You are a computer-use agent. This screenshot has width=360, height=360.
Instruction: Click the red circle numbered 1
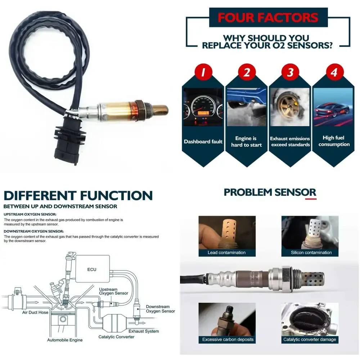point(203,73)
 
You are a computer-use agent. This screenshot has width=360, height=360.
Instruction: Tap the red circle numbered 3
point(291,73)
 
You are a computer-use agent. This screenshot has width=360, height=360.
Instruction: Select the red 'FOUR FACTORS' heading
point(269,18)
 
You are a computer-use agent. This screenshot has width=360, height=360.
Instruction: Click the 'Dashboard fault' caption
point(203,141)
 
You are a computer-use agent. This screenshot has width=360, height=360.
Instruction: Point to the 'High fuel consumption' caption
point(334,141)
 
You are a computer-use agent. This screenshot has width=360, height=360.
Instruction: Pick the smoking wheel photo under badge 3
point(290,107)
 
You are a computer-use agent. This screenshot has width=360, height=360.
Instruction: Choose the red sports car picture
point(334,107)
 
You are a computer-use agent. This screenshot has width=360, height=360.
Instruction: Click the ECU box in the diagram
point(92,269)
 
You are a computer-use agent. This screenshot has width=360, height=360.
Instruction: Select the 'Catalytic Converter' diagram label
point(116,337)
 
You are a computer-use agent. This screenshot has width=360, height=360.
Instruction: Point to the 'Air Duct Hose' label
point(35,312)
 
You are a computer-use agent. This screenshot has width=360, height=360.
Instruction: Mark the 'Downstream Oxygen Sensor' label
point(160,309)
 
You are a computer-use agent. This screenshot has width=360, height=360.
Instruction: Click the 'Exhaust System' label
point(144,331)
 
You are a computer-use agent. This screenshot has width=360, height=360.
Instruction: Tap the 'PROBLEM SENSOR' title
point(270,192)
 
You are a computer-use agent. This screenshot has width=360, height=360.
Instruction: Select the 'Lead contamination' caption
point(226,252)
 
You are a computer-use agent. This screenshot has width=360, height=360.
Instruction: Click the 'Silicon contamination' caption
point(311,252)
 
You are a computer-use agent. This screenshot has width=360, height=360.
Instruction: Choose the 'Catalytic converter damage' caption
point(310,339)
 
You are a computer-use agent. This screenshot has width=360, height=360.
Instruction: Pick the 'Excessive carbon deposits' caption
point(228,339)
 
